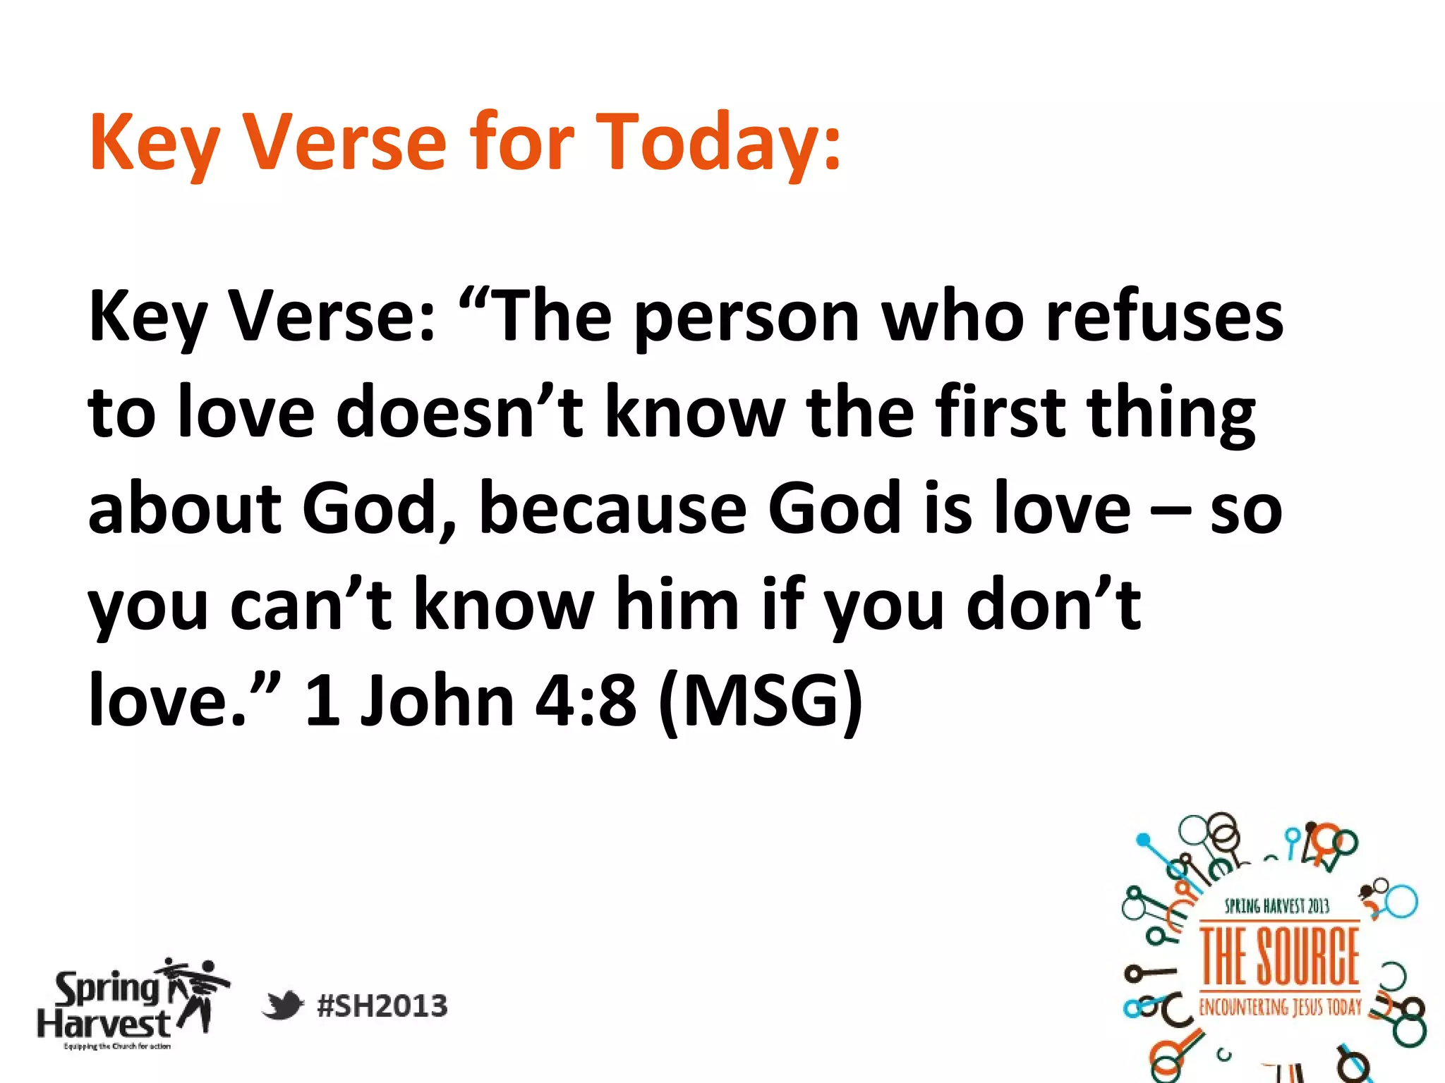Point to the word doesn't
coord(459,412)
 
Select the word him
coord(677,604)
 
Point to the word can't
coord(310,604)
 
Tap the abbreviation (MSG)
coord(760,702)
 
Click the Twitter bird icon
coord(282,1005)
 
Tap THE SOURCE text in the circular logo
coord(1279,957)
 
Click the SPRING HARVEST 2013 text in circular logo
coord(1276,906)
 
